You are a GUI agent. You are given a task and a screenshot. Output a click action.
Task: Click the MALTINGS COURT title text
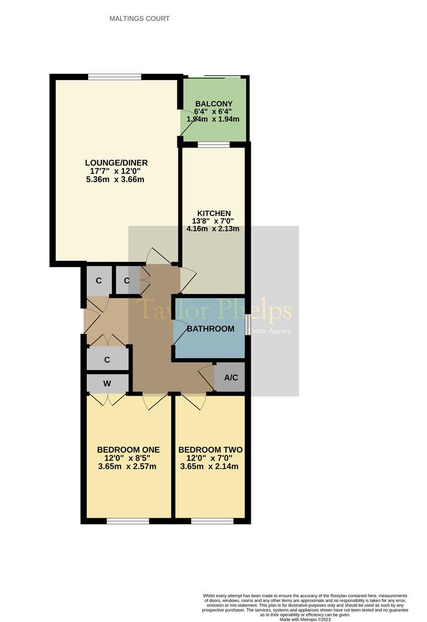pyautogui.click(x=139, y=18)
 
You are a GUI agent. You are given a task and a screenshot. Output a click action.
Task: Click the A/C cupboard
pyautogui.click(x=230, y=378)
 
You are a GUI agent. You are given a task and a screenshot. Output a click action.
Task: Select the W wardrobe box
pyautogui.click(x=107, y=383)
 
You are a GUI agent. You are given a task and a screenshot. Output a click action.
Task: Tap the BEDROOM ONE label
pyautogui.click(x=128, y=450)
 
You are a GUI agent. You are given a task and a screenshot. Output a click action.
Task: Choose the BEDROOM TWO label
pyautogui.click(x=210, y=450)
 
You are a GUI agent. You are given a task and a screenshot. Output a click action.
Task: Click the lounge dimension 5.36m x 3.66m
pyautogui.click(x=114, y=179)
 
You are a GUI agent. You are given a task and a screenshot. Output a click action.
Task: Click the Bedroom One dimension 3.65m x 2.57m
pyautogui.click(x=128, y=466)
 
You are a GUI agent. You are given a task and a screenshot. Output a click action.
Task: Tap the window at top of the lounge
pyautogui.click(x=115, y=77)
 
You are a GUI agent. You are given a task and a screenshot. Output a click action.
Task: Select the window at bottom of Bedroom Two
pyautogui.click(x=212, y=521)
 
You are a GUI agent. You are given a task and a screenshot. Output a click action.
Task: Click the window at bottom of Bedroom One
pyautogui.click(x=127, y=521)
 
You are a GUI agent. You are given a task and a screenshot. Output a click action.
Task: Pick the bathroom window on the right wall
pyautogui.click(x=247, y=324)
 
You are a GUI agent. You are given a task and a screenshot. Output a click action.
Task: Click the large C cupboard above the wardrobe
pyautogui.click(x=107, y=359)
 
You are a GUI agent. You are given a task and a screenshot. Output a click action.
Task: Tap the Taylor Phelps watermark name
pyautogui.click(x=214, y=310)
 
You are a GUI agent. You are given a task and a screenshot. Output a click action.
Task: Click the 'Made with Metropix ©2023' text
pyautogui.click(x=305, y=619)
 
